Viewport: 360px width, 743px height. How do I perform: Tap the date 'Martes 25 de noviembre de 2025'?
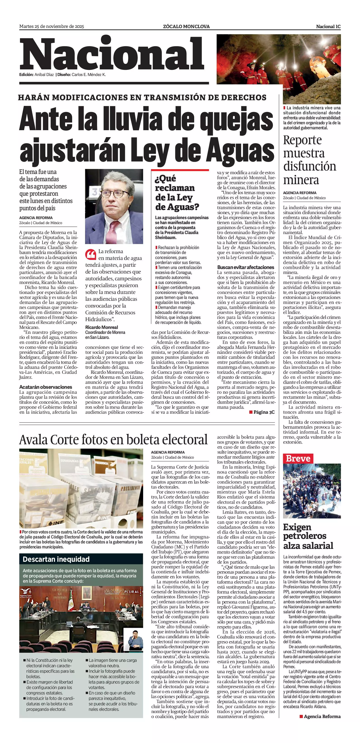[52, 27]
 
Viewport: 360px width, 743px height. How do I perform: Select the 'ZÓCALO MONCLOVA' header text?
[186, 27]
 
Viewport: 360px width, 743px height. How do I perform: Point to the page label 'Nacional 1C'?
[328, 27]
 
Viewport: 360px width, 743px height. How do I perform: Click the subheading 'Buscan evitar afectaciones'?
[245, 267]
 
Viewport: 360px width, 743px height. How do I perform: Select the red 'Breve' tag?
[298, 458]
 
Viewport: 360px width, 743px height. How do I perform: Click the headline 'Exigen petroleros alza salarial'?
[308, 536]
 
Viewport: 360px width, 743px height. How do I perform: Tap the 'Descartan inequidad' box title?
[56, 559]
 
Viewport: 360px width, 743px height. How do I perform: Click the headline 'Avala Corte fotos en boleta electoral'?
[113, 440]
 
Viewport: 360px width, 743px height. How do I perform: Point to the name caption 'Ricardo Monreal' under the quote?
[102, 327]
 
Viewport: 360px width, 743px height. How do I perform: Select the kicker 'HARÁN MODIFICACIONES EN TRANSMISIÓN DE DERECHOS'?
[142, 98]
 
